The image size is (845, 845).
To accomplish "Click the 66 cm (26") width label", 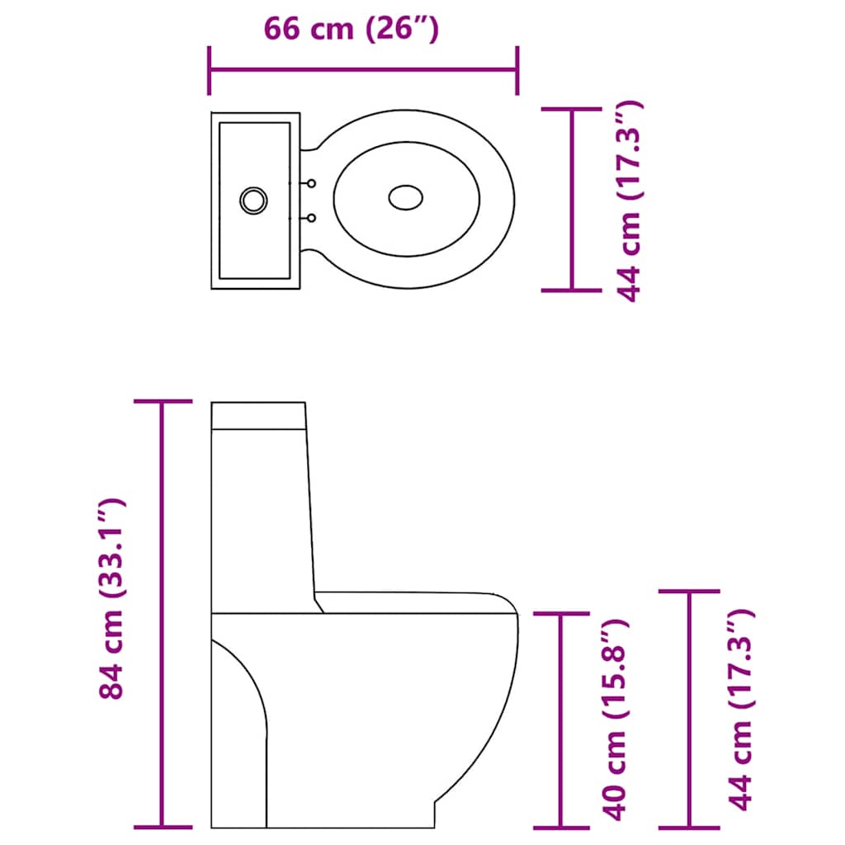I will tap(351, 29).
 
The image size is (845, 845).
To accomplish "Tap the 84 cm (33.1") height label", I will tap(111, 598).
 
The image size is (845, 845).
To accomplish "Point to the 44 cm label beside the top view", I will tap(629, 201).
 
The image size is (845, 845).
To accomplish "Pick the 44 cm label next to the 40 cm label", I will tap(741, 710).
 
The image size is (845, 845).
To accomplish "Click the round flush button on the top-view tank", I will tap(253, 199).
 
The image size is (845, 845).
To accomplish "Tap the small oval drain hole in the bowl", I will tap(405, 197).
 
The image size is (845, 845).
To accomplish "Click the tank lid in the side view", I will tap(259, 415).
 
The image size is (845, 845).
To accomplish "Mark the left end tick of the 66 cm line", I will tap(210, 71).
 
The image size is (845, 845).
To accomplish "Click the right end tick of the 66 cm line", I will tap(517, 71).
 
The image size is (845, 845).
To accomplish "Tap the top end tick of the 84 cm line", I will tap(163, 402).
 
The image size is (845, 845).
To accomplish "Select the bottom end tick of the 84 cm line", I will tap(163, 827).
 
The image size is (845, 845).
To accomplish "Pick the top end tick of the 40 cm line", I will tap(562, 613).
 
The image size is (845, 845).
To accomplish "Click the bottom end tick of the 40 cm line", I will tap(562, 827).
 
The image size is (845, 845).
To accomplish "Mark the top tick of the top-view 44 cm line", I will tap(571, 109).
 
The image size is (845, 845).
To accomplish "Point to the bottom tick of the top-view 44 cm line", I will tap(571, 290).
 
